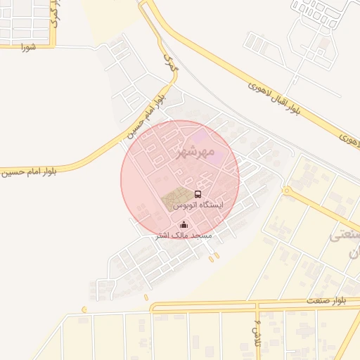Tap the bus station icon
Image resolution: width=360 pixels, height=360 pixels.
pos(198,194)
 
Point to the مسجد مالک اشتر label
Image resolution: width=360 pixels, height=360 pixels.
pos(184,236)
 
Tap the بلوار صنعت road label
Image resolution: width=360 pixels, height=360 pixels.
pos(326,300)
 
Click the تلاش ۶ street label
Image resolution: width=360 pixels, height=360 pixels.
pos(257,328)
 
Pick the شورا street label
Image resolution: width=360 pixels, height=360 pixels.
pos(28,46)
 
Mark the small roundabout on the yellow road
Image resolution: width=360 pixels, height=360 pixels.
pos(286,191)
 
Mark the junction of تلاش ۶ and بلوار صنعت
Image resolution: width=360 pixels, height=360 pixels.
pos(258,307)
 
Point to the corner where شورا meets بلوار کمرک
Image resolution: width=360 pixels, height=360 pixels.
pos(53,46)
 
